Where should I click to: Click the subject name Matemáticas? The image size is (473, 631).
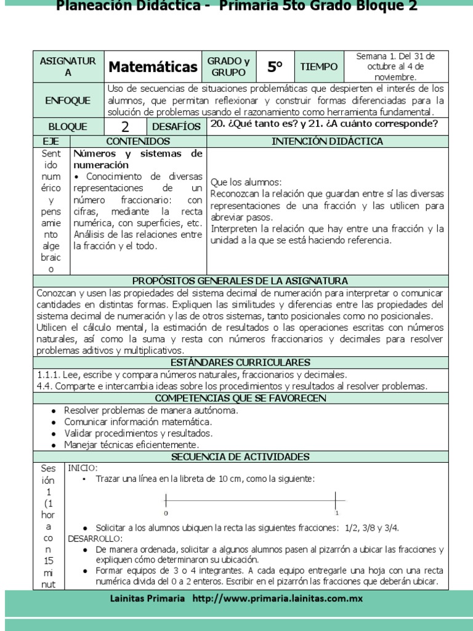(x=153, y=67)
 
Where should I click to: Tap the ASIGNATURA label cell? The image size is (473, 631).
(x=68, y=67)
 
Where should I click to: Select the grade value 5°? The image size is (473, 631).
(x=275, y=67)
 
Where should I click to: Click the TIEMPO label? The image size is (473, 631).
(x=318, y=67)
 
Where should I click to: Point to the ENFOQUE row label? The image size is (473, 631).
(x=68, y=100)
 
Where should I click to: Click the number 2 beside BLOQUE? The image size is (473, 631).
(x=125, y=127)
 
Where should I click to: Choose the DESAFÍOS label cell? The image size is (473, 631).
(x=176, y=127)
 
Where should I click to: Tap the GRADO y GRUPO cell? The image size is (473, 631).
(x=228, y=67)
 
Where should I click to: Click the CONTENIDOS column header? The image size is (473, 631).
(x=139, y=142)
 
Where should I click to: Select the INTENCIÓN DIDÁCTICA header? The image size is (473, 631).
(x=327, y=142)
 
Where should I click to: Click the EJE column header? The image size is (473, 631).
(x=52, y=142)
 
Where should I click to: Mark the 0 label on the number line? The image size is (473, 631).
(x=166, y=513)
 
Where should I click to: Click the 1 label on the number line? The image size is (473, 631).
(x=336, y=513)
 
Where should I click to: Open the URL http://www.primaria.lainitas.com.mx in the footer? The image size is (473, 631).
(x=277, y=598)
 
